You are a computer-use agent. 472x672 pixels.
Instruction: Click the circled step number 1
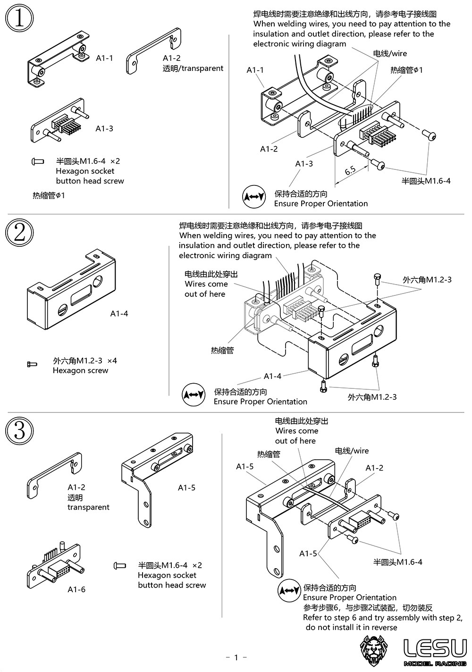click(x=19, y=18)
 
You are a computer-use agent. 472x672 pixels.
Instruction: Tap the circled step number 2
click(x=19, y=233)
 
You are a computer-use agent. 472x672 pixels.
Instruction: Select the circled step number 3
click(x=19, y=431)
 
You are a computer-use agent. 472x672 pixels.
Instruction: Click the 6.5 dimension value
click(x=350, y=170)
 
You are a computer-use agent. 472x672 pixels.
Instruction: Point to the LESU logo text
click(x=435, y=648)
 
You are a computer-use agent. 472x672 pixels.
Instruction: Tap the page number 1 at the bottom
click(x=236, y=657)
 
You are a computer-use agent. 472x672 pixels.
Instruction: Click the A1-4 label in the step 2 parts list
click(x=119, y=313)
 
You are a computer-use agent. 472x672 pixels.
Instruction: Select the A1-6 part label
click(x=76, y=589)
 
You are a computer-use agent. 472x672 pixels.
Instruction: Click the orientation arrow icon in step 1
click(x=254, y=197)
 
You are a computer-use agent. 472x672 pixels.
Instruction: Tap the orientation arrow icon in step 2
click(x=194, y=395)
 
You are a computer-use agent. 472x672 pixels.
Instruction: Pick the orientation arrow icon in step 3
click(x=289, y=590)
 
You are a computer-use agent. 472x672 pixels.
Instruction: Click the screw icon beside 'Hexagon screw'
click(x=32, y=364)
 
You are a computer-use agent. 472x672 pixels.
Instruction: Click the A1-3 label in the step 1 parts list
click(x=104, y=128)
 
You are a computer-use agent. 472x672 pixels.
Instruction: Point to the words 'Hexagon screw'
click(x=80, y=370)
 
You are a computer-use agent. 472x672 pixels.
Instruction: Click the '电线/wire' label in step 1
click(x=390, y=53)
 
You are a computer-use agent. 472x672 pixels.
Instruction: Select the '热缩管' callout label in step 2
click(x=222, y=350)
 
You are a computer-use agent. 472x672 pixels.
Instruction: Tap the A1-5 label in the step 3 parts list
click(x=186, y=487)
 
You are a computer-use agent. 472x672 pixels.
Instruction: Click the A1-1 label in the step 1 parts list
click(x=104, y=58)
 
